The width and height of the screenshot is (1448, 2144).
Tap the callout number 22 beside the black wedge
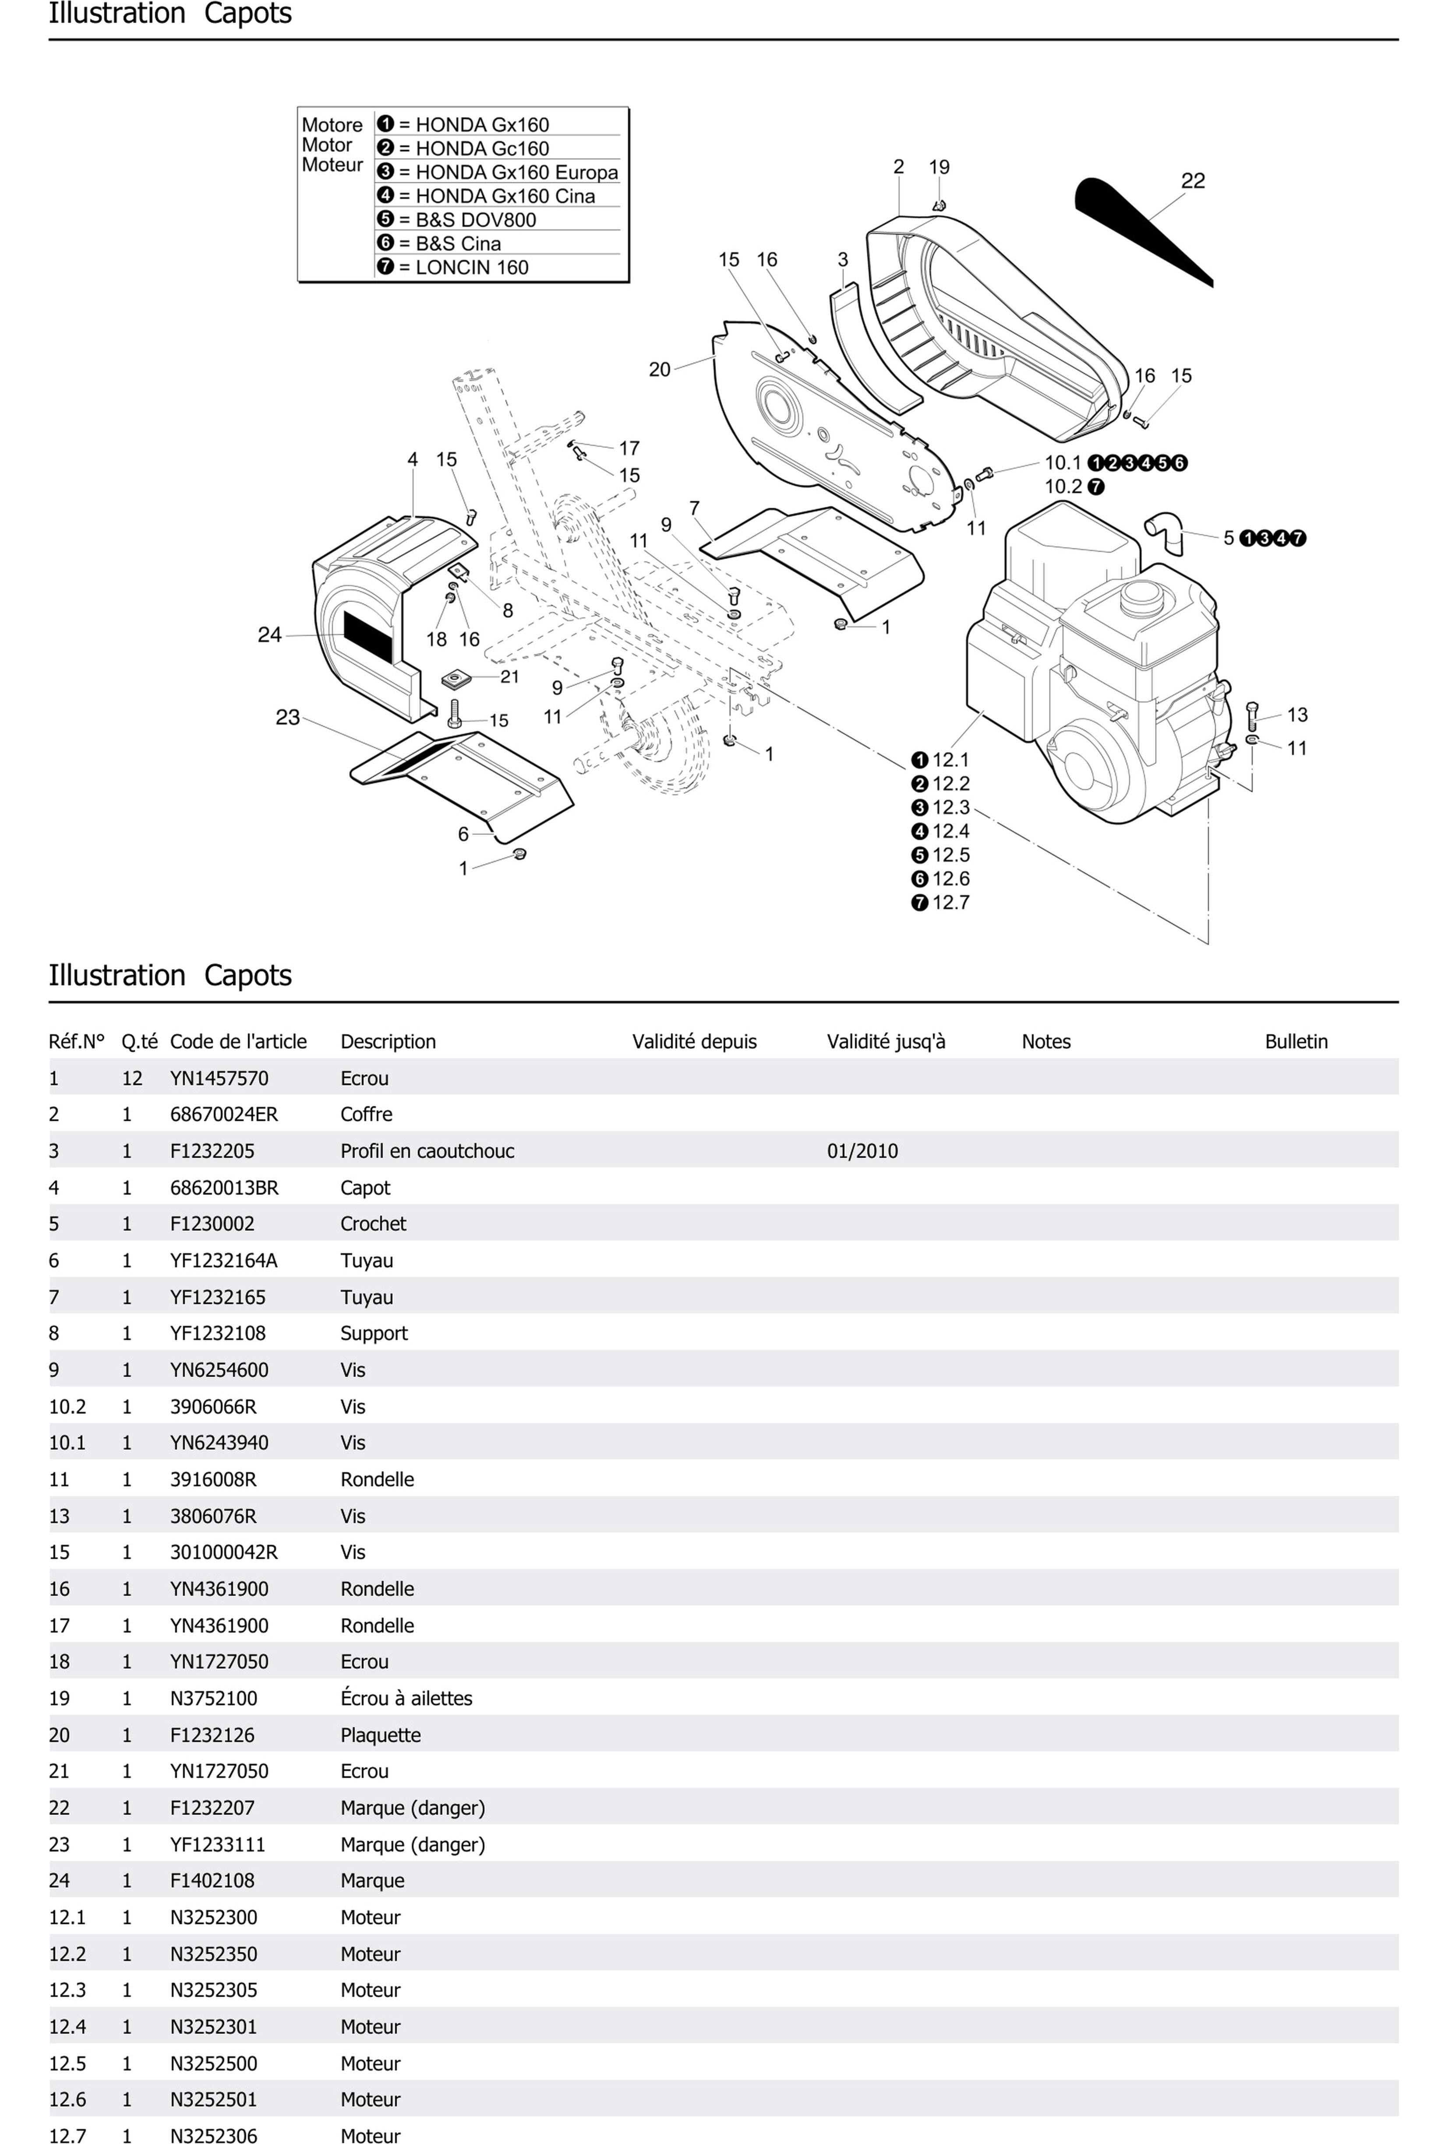tap(1192, 181)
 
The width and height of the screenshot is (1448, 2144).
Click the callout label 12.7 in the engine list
tap(950, 902)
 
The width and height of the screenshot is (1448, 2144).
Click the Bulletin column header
tap(1296, 1041)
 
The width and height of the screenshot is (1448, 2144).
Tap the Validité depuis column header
tap(694, 1041)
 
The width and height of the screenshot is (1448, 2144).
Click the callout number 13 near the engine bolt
tap(1296, 715)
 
